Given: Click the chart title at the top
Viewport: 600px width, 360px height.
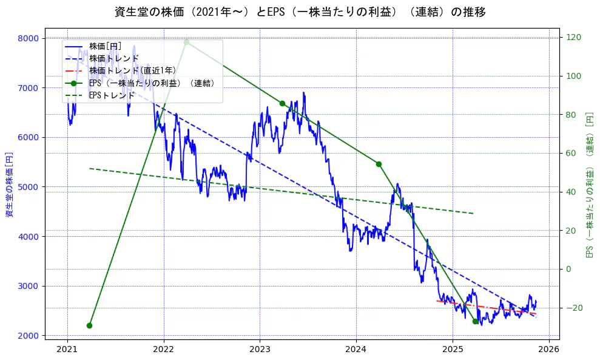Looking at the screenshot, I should click(x=300, y=12).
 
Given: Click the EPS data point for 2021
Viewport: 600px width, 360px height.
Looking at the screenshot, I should click(x=90, y=325).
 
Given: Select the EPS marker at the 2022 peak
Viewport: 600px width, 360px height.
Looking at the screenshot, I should click(x=186, y=42).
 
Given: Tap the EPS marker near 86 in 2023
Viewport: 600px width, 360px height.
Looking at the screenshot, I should click(x=282, y=103).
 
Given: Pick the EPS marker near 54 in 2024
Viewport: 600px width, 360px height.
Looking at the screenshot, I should click(x=379, y=164).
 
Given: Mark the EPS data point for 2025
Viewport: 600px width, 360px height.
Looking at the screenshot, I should click(x=475, y=321).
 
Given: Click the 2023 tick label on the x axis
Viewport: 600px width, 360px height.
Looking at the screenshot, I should click(x=260, y=350).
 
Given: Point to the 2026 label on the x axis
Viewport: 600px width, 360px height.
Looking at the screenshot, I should click(x=549, y=350).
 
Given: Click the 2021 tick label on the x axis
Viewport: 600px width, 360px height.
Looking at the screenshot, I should click(x=67, y=350).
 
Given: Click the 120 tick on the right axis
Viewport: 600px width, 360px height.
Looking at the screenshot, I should click(x=574, y=37).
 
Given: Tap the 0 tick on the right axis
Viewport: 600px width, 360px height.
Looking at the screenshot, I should click(x=569, y=269).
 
